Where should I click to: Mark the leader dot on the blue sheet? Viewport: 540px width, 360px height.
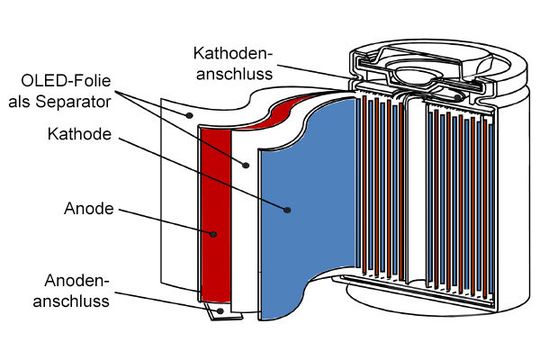coord(287,211)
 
